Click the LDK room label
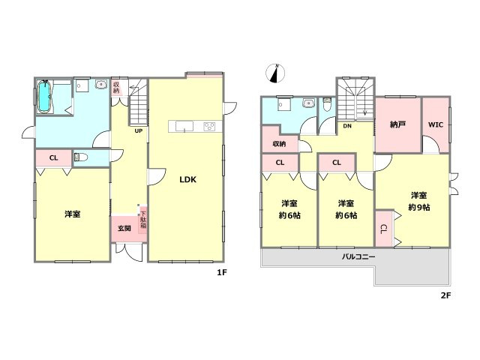tap(187, 180)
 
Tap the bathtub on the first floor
tap(43, 96)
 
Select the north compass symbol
tap(275, 73)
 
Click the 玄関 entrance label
tap(124, 228)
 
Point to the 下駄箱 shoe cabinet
tap(143, 220)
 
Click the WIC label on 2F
tap(436, 125)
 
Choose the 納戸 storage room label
tap(398, 124)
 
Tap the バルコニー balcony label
tap(358, 256)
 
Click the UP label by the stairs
tap(138, 130)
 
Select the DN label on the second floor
tap(347, 126)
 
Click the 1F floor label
tap(222, 272)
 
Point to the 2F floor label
tap(446, 295)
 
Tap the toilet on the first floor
tap(80, 157)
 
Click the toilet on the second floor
tap(327, 103)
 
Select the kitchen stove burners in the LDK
tap(209, 126)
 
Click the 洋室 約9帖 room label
tap(418, 201)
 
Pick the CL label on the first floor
tap(53, 158)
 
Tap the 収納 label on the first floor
tap(116, 87)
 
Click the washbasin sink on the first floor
tap(100, 84)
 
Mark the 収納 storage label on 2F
tap(279, 143)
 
